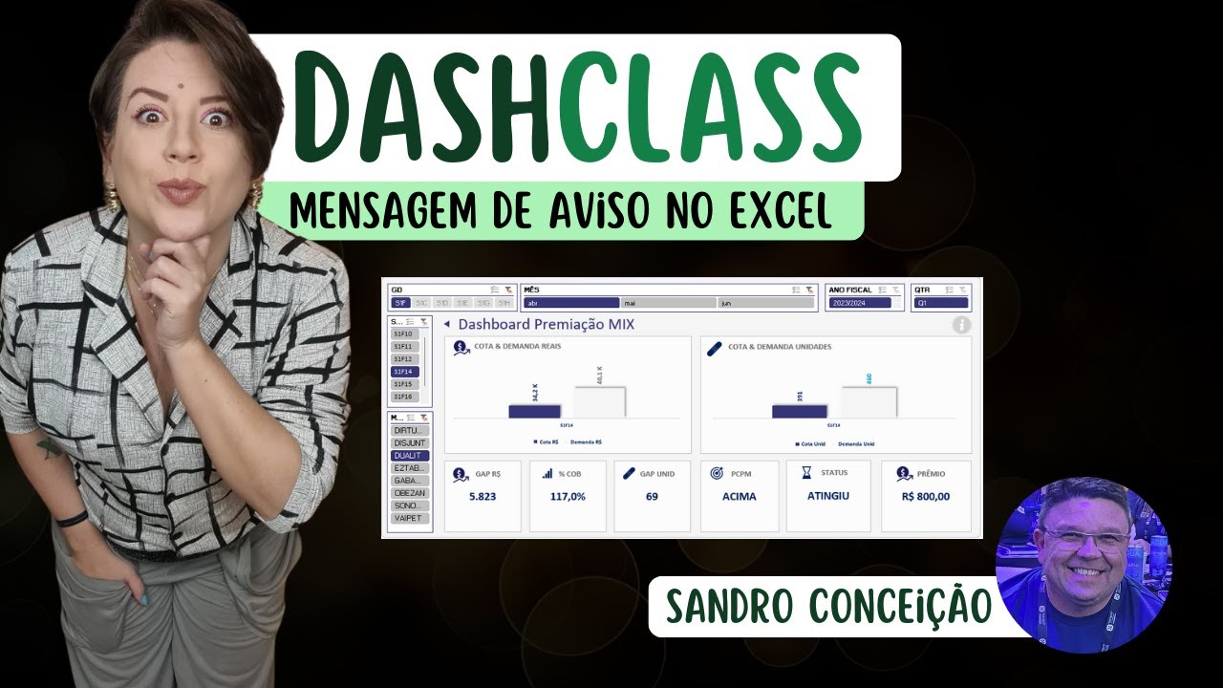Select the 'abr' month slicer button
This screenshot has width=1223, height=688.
pyautogui.click(x=571, y=303)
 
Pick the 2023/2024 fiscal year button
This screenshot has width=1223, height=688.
pyautogui.click(x=860, y=303)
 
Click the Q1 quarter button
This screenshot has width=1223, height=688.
pyautogui.click(x=941, y=303)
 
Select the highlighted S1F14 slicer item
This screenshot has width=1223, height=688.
pyautogui.click(x=403, y=372)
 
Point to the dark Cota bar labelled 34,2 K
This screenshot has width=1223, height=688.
pyautogui.click(x=534, y=411)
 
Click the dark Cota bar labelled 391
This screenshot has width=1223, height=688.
pyautogui.click(x=799, y=411)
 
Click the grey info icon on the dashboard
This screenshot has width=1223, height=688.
pyautogui.click(x=961, y=325)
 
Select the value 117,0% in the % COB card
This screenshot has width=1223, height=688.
pyautogui.click(x=568, y=497)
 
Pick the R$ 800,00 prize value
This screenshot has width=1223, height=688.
pyautogui.click(x=925, y=497)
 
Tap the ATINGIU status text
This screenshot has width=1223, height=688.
pyautogui.click(x=827, y=496)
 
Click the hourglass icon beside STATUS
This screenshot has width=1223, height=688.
pyautogui.click(x=806, y=472)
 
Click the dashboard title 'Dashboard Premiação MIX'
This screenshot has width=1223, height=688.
pyautogui.click(x=546, y=325)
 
